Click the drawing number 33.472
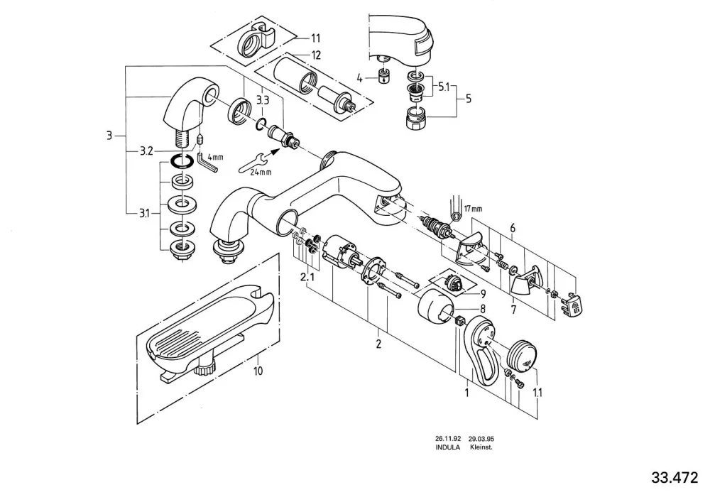pyautogui.click(x=674, y=478)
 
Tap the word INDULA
pyautogui.click(x=448, y=447)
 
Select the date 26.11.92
pyautogui.click(x=448, y=439)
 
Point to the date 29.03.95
pyautogui.click(x=481, y=439)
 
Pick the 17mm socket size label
pyautogui.click(x=473, y=209)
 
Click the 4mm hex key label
pyautogui.click(x=216, y=158)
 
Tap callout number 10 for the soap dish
pyautogui.click(x=258, y=371)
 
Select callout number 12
pyautogui.click(x=316, y=55)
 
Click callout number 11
pyautogui.click(x=315, y=38)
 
